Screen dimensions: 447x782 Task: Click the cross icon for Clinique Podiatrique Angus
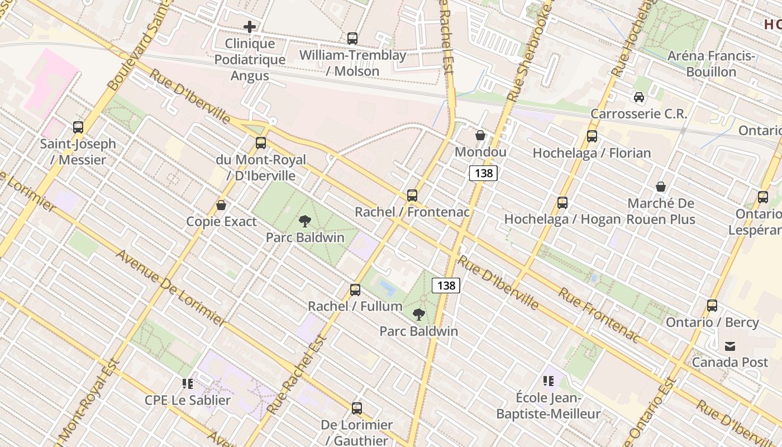point(250,26)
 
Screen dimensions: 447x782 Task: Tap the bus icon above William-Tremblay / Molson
point(352,39)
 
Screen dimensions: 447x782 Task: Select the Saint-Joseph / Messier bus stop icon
point(78,127)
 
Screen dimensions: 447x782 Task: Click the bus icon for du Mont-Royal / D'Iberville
point(261,143)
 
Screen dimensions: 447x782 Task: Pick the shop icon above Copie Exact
point(221,205)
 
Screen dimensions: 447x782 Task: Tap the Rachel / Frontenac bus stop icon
point(412,196)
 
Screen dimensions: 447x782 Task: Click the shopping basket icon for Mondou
point(480,135)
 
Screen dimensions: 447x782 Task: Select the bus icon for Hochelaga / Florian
point(592,136)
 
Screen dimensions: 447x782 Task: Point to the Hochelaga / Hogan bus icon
point(562,202)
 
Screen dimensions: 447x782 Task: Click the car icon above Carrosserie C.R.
point(639,97)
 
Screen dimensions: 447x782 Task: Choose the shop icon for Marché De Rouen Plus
point(661,187)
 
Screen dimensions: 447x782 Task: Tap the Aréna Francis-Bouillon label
point(711,64)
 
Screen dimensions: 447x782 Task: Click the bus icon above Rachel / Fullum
point(355,290)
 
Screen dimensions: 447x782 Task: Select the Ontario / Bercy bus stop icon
point(712,306)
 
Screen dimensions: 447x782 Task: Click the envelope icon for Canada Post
point(730,346)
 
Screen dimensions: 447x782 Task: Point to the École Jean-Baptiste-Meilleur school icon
point(549,381)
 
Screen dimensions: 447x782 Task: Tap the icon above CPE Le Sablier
point(188,384)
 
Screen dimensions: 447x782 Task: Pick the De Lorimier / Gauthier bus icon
point(357,408)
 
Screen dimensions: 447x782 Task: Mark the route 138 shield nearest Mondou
point(483,173)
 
